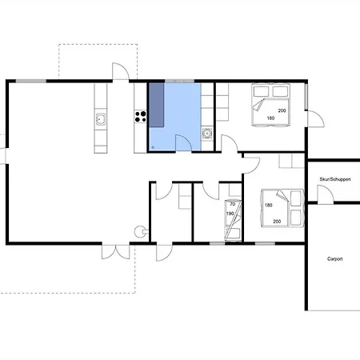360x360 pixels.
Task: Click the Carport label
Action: (x=335, y=259)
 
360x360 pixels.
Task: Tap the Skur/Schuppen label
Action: (x=335, y=179)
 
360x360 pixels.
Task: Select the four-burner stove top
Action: (x=141, y=117)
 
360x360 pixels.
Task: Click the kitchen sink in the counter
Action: (x=101, y=119)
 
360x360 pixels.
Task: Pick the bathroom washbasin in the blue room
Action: (x=207, y=133)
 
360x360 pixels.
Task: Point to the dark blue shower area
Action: (x=157, y=105)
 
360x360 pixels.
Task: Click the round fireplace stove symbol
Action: (x=140, y=231)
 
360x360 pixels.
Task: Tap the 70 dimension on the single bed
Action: (x=233, y=204)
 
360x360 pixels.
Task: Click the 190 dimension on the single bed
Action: (x=230, y=214)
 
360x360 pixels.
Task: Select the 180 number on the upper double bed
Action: (x=270, y=118)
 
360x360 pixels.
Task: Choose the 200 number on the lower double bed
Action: (x=277, y=222)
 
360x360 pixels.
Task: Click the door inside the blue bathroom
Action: (x=183, y=143)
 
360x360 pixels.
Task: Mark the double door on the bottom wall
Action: (x=116, y=252)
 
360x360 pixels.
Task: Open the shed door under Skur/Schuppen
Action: (x=326, y=194)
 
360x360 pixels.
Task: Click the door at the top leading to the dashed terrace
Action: (x=121, y=71)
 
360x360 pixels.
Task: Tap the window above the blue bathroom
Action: (x=179, y=81)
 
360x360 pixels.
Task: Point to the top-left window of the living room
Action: (x=31, y=81)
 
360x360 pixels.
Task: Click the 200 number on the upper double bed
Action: (x=282, y=110)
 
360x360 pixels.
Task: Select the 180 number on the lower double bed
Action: (x=269, y=205)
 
